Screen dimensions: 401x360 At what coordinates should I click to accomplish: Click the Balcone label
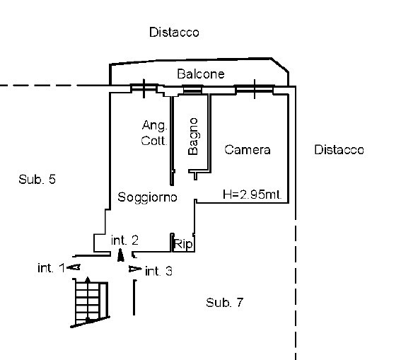(201, 74)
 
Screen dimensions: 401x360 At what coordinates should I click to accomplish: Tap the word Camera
(248, 150)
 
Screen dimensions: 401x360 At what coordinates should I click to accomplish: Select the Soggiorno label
(147, 197)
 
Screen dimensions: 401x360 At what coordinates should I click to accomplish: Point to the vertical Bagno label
(193, 137)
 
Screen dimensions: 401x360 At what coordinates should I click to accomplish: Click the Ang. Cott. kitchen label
(154, 133)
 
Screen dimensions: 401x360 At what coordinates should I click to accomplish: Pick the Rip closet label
(183, 244)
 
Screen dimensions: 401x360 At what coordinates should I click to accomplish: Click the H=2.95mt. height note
(252, 194)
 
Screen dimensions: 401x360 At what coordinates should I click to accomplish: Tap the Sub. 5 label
(37, 179)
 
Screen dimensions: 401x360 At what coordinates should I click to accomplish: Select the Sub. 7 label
(224, 303)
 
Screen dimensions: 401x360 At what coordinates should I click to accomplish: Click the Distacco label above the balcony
(174, 33)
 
